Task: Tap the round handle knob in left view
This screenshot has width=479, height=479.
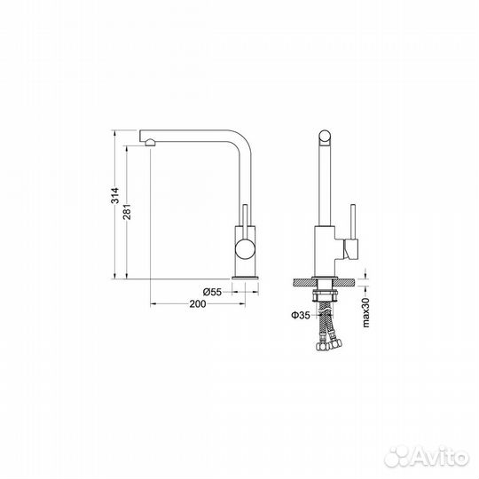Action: pyautogui.click(x=244, y=247)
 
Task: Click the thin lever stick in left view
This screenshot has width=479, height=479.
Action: pyautogui.click(x=245, y=221)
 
